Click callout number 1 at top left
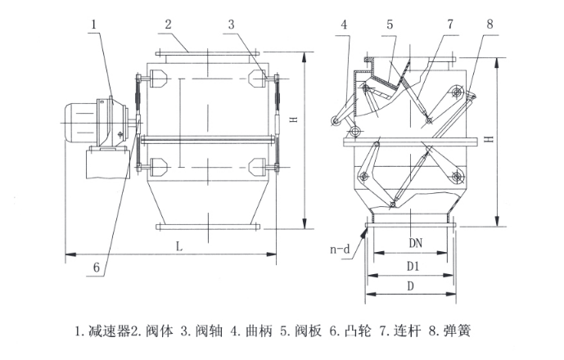pyautogui.click(x=95, y=25)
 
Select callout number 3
pyautogui.click(x=232, y=25)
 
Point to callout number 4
pyautogui.click(x=345, y=25)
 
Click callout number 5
pyautogui.click(x=390, y=25)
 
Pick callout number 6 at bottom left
pyautogui.click(x=96, y=267)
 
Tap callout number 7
pyautogui.click(x=449, y=25)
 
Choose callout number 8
pyautogui.click(x=490, y=25)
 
